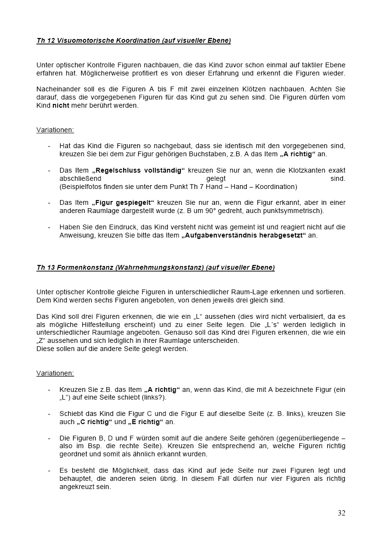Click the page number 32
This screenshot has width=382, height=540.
(341, 513)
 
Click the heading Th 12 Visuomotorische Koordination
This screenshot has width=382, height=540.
(133, 41)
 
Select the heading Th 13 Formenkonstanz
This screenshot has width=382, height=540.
(155, 268)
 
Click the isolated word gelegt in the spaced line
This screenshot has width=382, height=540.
(216, 179)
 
